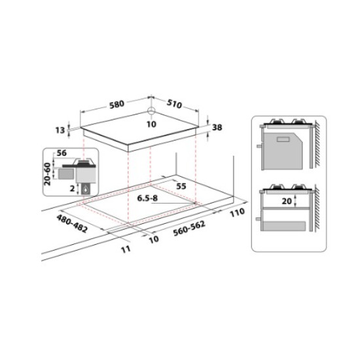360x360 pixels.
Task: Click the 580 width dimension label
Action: click(117, 105)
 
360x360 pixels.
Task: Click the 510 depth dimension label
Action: click(174, 104)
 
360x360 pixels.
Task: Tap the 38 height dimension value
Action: click(217, 128)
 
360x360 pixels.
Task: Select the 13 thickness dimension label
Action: click(60, 130)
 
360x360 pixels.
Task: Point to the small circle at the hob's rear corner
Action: click(151, 111)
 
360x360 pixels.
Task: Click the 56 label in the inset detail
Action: click(62, 153)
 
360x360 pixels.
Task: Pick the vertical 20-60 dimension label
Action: click(48, 174)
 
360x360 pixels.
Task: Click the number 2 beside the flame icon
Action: click(72, 189)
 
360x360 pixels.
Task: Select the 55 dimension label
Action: click(181, 186)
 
